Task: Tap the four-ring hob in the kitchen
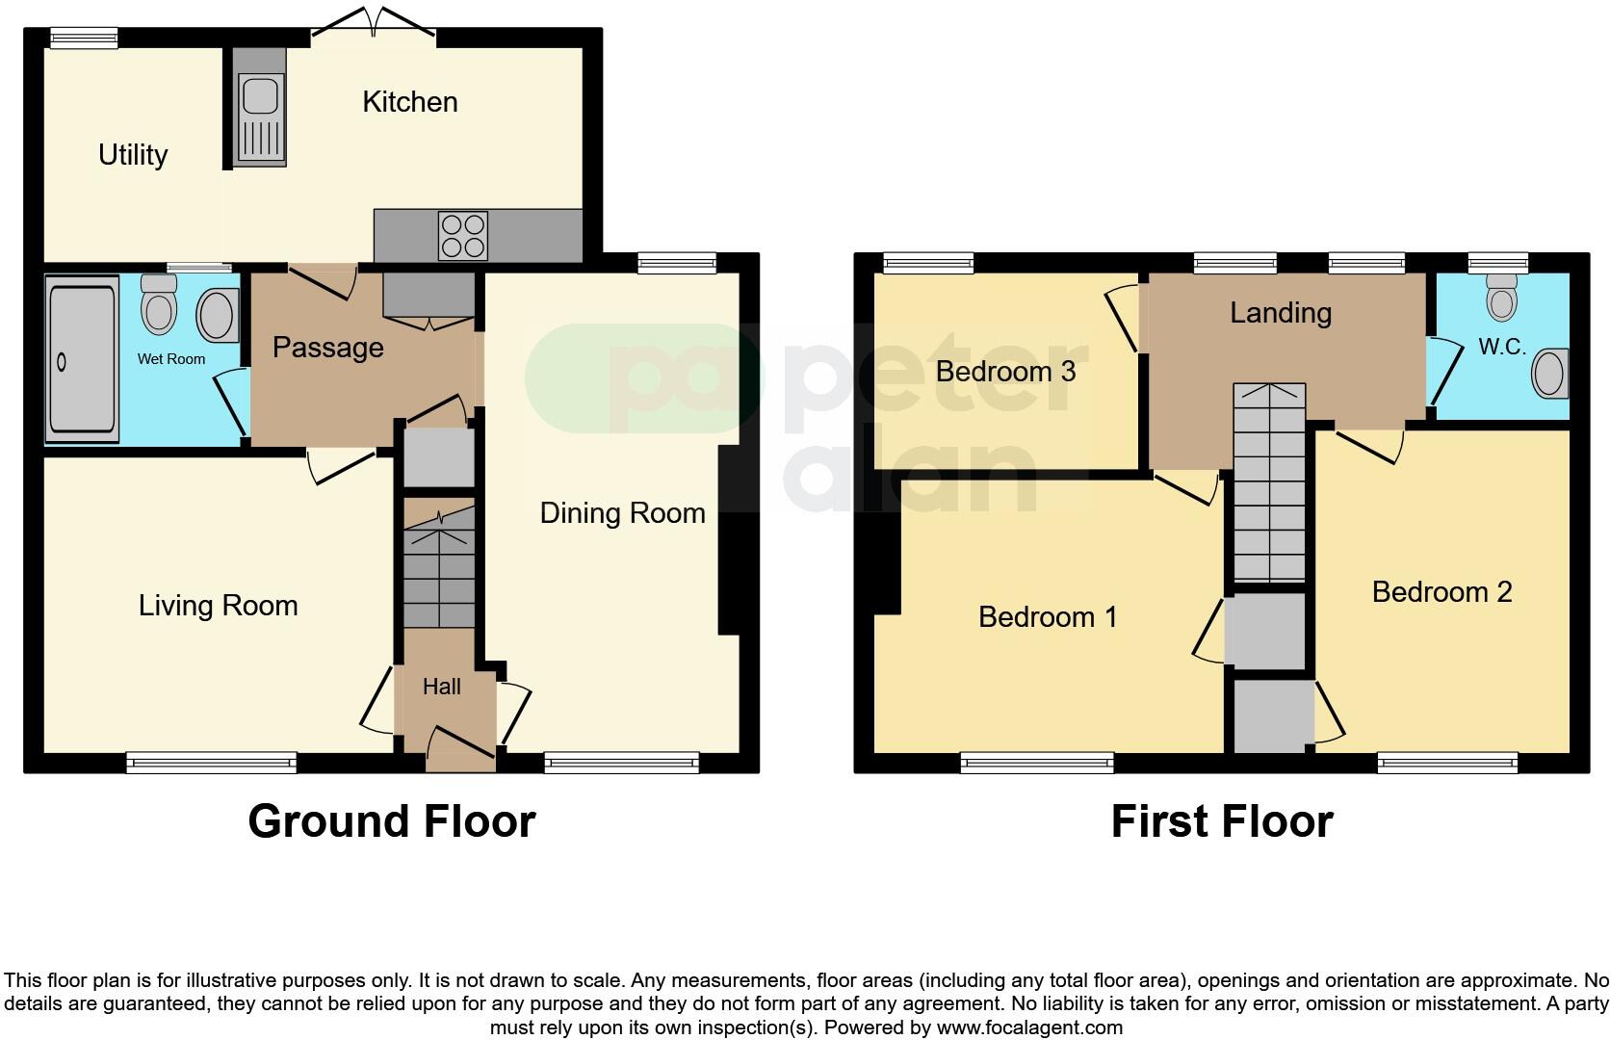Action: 462,235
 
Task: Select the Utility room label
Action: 133,155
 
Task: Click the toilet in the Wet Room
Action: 159,304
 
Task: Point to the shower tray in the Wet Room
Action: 82,358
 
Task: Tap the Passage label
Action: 327,348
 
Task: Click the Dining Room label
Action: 622,513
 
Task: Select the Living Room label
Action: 218,606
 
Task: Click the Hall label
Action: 442,687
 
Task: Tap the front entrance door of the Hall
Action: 460,747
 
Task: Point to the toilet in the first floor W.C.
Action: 1500,297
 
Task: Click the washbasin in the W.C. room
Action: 1549,374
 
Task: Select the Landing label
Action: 1281,313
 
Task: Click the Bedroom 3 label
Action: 1005,372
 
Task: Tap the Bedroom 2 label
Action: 1441,591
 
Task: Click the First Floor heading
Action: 1221,821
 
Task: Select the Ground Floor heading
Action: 391,821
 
